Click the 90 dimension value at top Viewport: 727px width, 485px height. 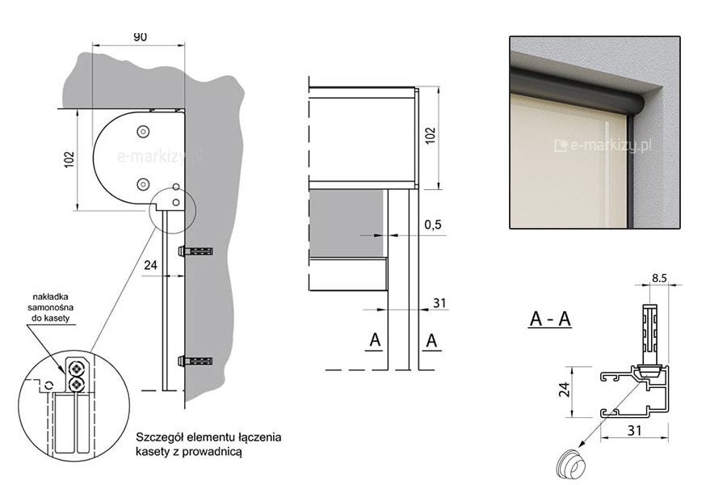click(x=140, y=36)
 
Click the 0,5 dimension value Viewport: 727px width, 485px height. click(x=433, y=225)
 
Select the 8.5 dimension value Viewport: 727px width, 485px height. click(x=659, y=278)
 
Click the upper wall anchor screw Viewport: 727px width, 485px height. click(x=196, y=251)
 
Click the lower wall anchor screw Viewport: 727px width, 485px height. click(x=196, y=361)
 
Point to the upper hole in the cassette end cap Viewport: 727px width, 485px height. click(x=143, y=132)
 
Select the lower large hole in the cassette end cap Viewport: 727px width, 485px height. click(x=143, y=185)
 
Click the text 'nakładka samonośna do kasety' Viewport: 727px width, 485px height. click(x=51, y=307)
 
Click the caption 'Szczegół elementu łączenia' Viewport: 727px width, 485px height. click(x=208, y=437)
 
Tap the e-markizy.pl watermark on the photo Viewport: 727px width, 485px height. click(x=603, y=145)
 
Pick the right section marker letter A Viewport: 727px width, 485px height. click(x=431, y=340)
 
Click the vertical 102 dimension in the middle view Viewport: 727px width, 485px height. click(x=431, y=136)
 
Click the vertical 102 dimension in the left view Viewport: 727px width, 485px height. click(x=69, y=160)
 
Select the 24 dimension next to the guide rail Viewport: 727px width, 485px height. click(x=151, y=265)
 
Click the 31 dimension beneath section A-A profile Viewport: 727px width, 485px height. click(x=634, y=431)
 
